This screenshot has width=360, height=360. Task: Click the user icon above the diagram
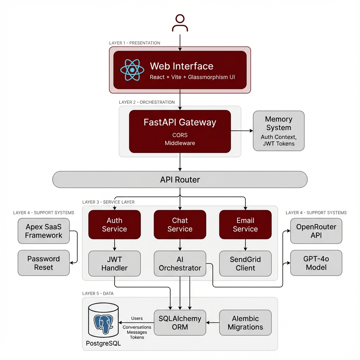tap(180, 23)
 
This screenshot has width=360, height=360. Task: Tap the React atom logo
tap(132, 70)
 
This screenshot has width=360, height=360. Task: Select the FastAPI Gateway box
tap(180, 131)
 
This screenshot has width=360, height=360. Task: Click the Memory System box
tap(278, 131)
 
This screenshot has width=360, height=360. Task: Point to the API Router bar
tap(180, 180)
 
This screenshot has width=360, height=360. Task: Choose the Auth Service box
tap(114, 225)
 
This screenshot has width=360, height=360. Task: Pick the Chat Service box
tap(180, 225)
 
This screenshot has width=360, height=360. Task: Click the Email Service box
tap(245, 225)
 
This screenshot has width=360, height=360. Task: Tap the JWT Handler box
tap(114, 264)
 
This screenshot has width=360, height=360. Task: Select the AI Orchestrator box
tap(180, 264)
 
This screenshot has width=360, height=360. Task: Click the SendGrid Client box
tap(245, 264)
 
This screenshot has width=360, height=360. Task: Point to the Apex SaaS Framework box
tap(44, 231)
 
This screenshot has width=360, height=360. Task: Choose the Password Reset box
tap(44, 263)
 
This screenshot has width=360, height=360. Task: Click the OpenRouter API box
tap(316, 231)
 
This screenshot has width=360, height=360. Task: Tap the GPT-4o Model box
tap(316, 263)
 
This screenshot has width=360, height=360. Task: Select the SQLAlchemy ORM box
tap(180, 322)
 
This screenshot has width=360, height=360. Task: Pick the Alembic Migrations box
tap(245, 322)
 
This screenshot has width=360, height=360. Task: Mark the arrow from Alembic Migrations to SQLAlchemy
tap(212, 322)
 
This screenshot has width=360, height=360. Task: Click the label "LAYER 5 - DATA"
tap(98, 293)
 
